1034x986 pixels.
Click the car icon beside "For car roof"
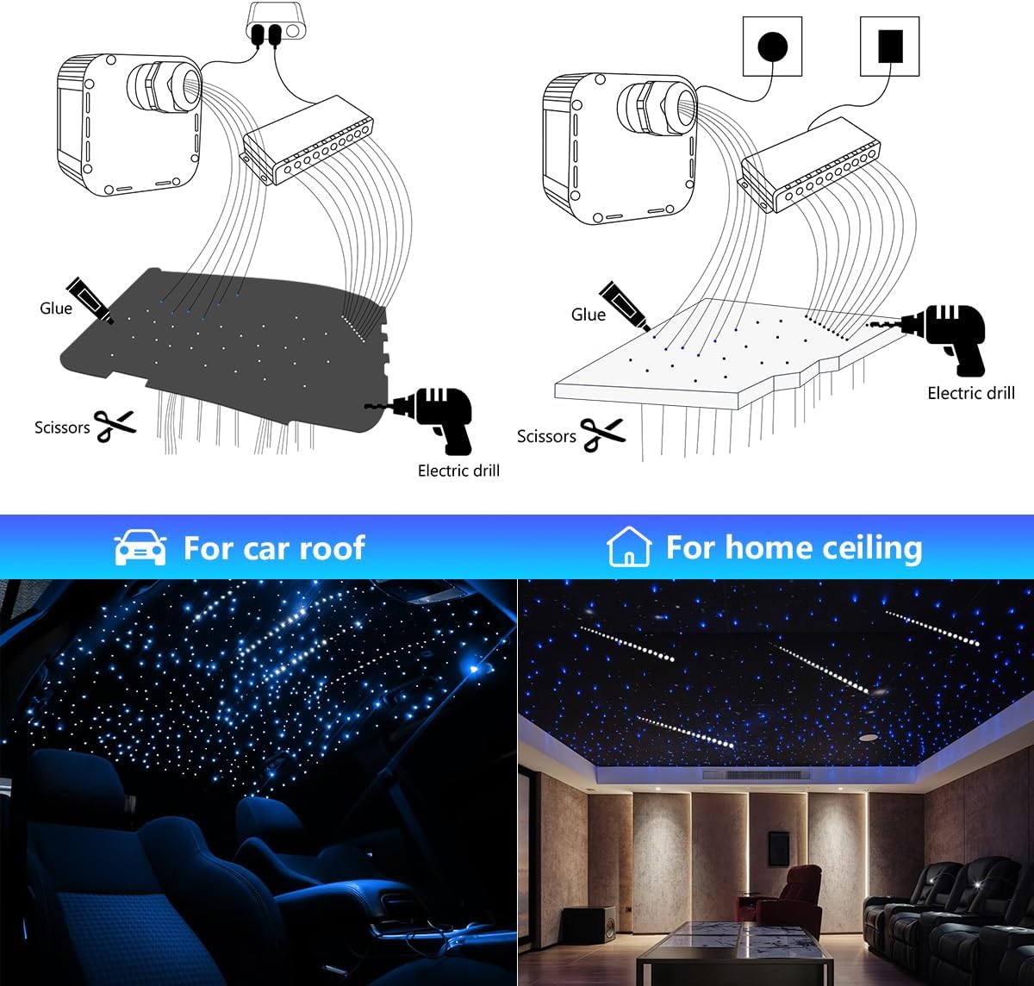(140, 547)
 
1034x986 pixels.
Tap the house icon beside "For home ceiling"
(628, 547)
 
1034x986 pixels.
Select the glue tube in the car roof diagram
(90, 301)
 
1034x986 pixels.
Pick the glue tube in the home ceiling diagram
(624, 305)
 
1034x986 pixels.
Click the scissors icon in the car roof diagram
(115, 425)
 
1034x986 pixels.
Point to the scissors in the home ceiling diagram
(602, 434)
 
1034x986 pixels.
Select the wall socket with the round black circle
(772, 47)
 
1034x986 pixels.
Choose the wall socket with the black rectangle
(890, 47)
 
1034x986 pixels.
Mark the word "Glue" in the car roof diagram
(56, 309)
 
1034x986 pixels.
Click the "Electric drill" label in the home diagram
(971, 393)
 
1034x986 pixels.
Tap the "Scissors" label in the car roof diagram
(62, 427)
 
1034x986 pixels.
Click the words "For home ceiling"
(794, 547)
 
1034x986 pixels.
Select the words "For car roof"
(274, 547)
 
